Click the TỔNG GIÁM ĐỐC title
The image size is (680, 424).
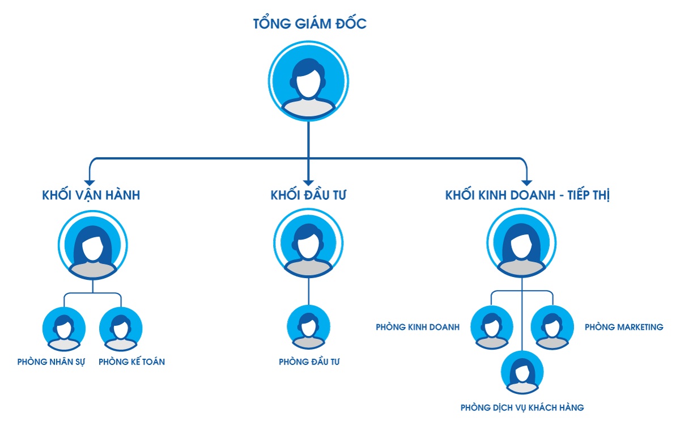[x=309, y=24]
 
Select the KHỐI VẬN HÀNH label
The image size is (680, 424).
[x=91, y=195]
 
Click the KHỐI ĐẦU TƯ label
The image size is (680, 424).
[x=309, y=195]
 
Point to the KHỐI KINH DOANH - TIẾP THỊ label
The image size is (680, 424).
[x=528, y=195]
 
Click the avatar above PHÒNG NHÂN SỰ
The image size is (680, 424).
[x=64, y=329]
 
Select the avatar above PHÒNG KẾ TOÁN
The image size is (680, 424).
[x=121, y=329]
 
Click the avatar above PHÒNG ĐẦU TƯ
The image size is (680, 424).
[x=309, y=326]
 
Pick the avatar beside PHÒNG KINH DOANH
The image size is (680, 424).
[x=492, y=327]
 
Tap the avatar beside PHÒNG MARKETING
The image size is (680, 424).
[x=552, y=327]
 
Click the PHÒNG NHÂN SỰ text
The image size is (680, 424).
[x=51, y=362]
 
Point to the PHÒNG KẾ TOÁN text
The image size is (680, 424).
[x=131, y=362]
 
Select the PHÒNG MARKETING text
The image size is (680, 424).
[x=624, y=327]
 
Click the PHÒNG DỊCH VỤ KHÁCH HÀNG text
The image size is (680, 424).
[x=522, y=408]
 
